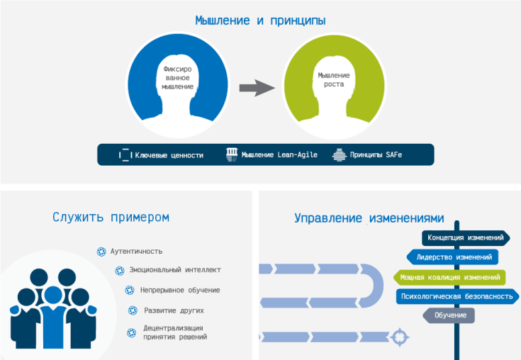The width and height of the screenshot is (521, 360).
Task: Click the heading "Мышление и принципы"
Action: pyautogui.click(x=260, y=21)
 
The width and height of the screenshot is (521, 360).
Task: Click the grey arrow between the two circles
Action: pyautogui.click(x=257, y=88)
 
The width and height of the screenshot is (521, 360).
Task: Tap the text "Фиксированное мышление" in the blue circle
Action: pyautogui.click(x=177, y=78)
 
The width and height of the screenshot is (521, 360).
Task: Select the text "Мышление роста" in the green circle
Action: pyautogui.click(x=334, y=79)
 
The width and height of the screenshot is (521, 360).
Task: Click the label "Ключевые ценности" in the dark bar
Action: pyautogui.click(x=169, y=155)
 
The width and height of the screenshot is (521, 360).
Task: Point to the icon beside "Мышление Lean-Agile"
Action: pyautogui.click(x=232, y=154)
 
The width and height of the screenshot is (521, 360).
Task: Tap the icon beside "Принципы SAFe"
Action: pyautogui.click(x=339, y=154)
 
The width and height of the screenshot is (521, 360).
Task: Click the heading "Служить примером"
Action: pyautogui.click(x=111, y=217)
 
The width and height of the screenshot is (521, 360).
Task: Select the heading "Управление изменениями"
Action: pyautogui.click(x=369, y=218)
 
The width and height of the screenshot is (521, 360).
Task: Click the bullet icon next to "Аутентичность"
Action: pyautogui.click(x=101, y=252)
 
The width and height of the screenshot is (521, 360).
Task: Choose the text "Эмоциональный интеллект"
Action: pyautogui.click(x=175, y=270)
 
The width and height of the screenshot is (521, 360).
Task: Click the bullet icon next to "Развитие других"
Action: pyautogui.click(x=133, y=310)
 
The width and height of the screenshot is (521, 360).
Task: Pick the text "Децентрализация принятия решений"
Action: pyautogui.click(x=175, y=332)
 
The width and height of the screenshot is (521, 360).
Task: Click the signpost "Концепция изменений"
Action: pyautogui.click(x=466, y=238)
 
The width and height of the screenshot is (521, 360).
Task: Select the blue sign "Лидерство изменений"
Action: pyautogui.click(x=452, y=257)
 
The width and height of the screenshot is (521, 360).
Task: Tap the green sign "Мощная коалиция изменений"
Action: pyautogui.click(x=449, y=277)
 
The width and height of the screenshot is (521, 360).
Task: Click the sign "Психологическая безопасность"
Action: pyautogui.click(x=457, y=296)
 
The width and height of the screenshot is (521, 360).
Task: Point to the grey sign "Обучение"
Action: pyautogui.click(x=449, y=315)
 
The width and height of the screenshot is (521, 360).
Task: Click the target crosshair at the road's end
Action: pyautogui.click(x=400, y=337)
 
